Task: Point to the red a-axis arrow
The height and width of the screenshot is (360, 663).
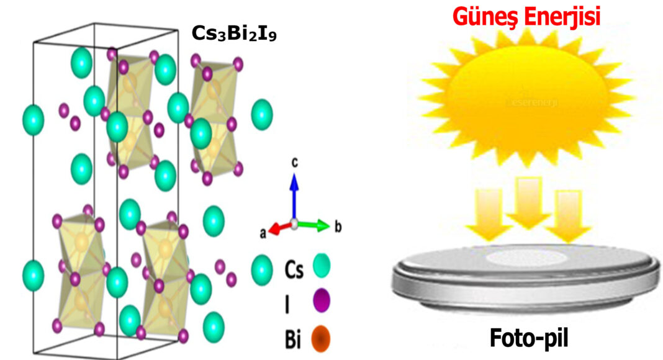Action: pos(281,228)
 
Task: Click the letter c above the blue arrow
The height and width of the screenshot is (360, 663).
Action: pos(295,163)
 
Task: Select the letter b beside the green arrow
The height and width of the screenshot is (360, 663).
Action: pos(338,227)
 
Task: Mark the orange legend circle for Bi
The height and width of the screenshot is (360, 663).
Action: pos(321,338)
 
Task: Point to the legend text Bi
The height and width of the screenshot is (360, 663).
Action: pos(294,339)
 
